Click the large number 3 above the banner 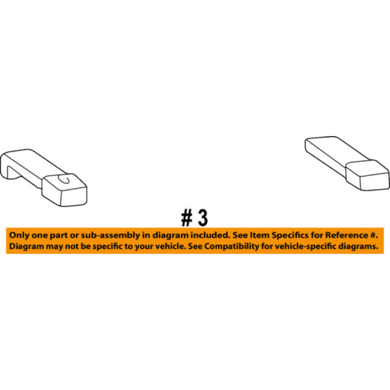[x=203, y=218]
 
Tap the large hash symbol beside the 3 [x=186, y=218]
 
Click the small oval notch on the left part [x=64, y=179]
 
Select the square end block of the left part [x=64, y=190]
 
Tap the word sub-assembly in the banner [x=110, y=235]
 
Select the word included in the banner [x=210, y=235]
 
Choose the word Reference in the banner [x=347, y=235]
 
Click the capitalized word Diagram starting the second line [x=27, y=246]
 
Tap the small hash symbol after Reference [x=373, y=235]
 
